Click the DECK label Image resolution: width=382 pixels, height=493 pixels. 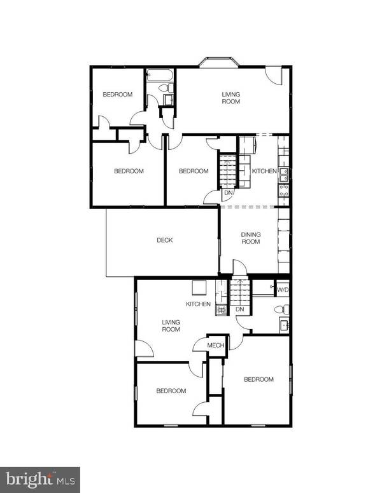[164, 240]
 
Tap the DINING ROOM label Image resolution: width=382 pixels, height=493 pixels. [250, 238]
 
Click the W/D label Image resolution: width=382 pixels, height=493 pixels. [282, 289]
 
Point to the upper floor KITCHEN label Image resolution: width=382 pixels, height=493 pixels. [264, 172]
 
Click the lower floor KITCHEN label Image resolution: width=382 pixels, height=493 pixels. [198, 304]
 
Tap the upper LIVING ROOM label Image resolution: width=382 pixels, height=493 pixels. [230, 98]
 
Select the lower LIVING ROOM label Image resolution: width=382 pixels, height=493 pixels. [171, 326]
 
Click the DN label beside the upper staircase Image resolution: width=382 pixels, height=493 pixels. [228, 193]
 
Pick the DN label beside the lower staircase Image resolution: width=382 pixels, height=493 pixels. [240, 309]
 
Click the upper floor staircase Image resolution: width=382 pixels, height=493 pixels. [228, 170]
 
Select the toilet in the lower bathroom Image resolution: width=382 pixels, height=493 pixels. [280, 309]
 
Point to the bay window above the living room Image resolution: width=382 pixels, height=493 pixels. [218, 62]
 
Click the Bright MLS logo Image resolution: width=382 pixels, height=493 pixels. [39, 477]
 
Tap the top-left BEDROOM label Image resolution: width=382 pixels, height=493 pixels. [117, 95]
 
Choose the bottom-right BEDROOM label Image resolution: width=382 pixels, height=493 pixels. [258, 379]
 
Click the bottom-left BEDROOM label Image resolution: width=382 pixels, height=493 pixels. [171, 391]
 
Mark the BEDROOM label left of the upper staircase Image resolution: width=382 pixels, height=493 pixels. [193, 171]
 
